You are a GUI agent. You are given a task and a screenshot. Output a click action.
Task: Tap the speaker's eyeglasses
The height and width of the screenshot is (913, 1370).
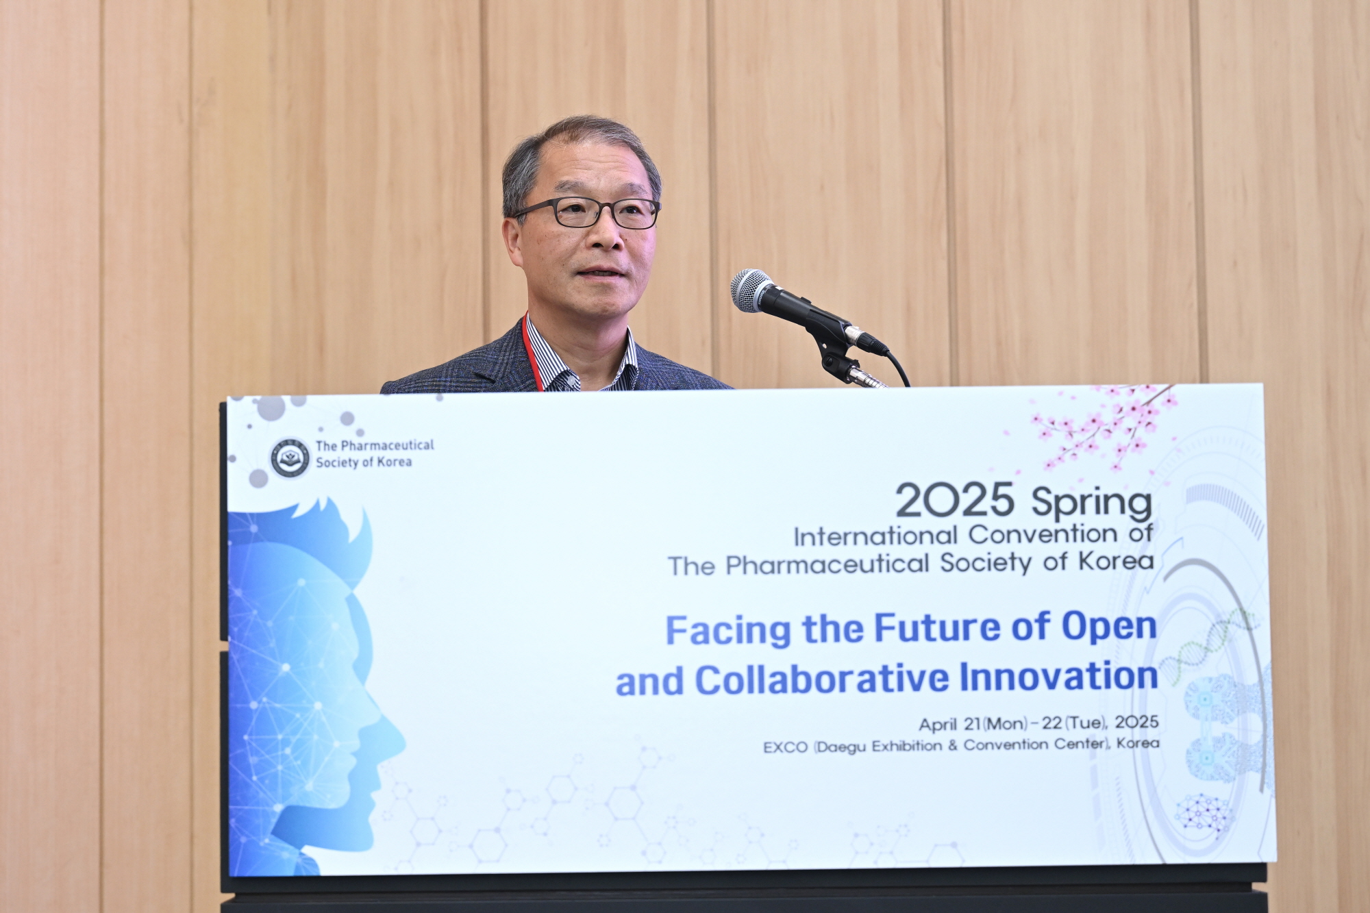tap(586, 213)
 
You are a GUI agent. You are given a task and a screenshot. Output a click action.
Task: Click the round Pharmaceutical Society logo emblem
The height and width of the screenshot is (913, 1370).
tap(290, 458)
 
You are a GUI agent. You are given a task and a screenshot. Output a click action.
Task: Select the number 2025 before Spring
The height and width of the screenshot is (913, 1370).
tap(954, 500)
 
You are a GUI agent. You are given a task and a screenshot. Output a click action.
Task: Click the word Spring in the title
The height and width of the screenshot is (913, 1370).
tap(1092, 504)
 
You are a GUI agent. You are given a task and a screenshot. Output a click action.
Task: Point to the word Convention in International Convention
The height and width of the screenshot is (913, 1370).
tap(1043, 534)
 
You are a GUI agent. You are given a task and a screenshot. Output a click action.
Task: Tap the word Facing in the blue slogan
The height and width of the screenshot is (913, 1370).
tap(728, 630)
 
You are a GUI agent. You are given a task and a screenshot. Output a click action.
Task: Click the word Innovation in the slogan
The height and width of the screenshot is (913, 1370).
tap(1058, 677)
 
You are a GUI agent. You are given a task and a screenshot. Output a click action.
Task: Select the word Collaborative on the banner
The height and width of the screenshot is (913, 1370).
tap(822, 680)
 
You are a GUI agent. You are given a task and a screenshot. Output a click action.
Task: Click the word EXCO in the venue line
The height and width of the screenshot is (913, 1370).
tap(786, 747)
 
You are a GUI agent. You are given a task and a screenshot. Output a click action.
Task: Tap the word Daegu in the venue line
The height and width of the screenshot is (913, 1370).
tap(842, 747)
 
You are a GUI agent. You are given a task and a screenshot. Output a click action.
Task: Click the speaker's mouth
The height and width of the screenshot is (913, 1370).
tap(601, 273)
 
